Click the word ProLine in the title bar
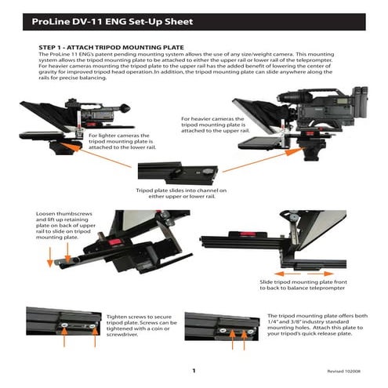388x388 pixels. tap(54, 23)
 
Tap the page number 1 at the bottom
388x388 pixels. tap(193, 371)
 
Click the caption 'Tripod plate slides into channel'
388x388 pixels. tap(181, 194)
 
